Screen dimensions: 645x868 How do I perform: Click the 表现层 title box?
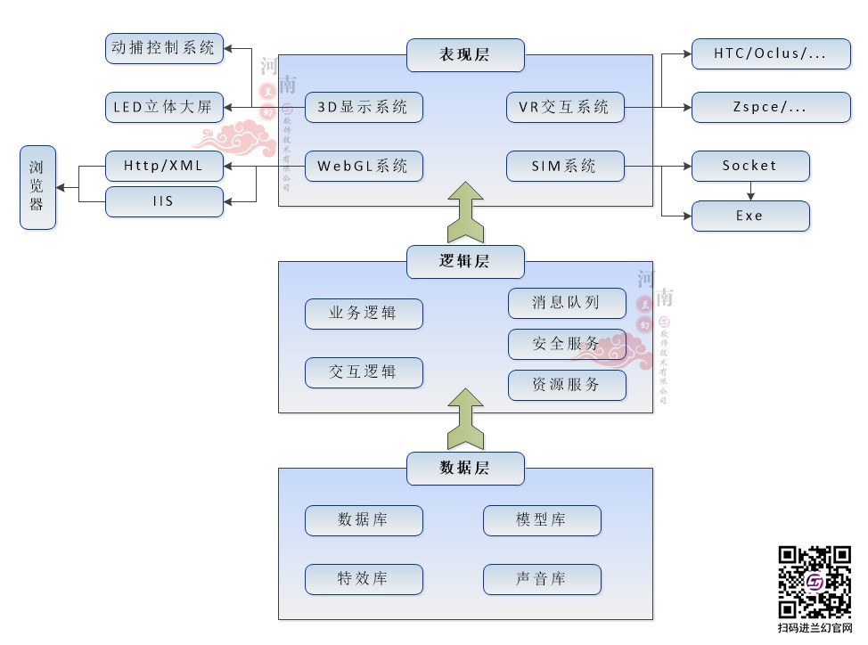point(465,55)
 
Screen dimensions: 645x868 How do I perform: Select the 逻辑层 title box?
point(465,262)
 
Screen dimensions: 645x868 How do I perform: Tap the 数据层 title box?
point(465,468)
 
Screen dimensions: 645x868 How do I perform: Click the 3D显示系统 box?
point(364,107)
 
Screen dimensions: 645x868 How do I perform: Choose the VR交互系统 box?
point(565,107)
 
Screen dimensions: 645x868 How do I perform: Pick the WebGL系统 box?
point(364,166)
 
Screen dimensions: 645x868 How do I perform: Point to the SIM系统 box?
point(565,166)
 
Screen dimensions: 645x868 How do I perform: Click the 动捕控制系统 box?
point(164,48)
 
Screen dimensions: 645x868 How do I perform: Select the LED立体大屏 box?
point(164,107)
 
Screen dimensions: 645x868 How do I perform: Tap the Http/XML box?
point(164,166)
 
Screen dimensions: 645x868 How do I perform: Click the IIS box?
point(164,201)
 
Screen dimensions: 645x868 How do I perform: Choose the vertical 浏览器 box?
point(37,188)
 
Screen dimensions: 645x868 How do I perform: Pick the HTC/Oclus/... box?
point(770,53)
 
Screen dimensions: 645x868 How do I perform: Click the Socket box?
point(750,166)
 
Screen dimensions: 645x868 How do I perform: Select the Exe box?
point(750,216)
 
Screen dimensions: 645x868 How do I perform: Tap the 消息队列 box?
point(567,303)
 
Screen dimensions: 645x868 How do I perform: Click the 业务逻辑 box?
point(364,314)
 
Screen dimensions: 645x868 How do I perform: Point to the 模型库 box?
point(542,520)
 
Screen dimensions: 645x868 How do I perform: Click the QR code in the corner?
point(815,582)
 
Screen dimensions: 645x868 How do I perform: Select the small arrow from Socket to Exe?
point(750,191)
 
